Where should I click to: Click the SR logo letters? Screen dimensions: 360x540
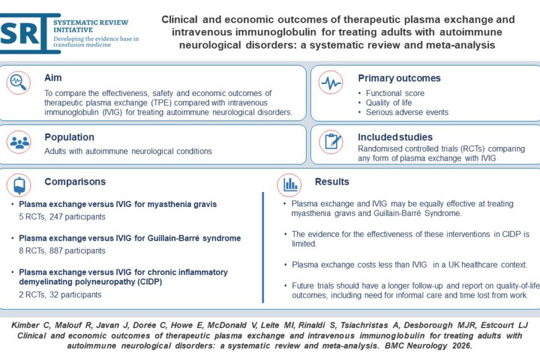(22, 34)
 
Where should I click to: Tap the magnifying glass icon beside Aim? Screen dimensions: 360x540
(19, 83)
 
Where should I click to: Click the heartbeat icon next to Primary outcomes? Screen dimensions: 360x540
(331, 83)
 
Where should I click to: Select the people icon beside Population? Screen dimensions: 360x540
(19, 142)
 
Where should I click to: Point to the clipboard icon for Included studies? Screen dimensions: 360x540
(331, 141)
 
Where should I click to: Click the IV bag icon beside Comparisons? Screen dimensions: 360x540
(19, 185)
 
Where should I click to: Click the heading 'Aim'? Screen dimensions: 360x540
(53, 78)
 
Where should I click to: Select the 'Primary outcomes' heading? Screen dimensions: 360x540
(399, 78)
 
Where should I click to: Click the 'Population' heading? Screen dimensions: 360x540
(69, 137)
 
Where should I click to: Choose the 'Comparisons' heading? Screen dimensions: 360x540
(74, 181)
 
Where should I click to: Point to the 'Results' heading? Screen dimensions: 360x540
(332, 181)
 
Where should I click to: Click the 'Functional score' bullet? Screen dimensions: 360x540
(395, 93)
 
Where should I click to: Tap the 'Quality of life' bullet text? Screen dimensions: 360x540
(389, 103)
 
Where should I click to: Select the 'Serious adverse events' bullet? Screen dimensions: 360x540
(407, 112)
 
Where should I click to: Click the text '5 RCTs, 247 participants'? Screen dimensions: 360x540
(62, 217)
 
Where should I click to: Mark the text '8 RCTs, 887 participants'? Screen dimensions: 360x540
(62, 251)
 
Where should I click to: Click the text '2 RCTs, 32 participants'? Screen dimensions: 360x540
(60, 295)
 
